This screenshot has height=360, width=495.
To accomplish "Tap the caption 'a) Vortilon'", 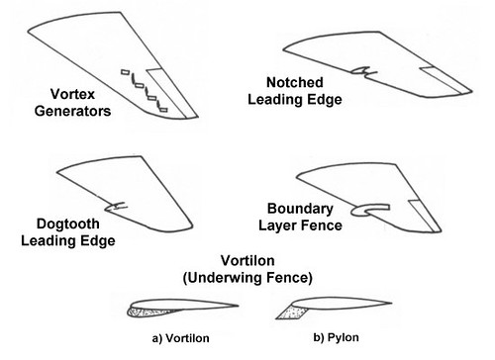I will [182, 339].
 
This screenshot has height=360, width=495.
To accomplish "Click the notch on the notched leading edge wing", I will [365, 70].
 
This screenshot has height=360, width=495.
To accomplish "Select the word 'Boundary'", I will [299, 210].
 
